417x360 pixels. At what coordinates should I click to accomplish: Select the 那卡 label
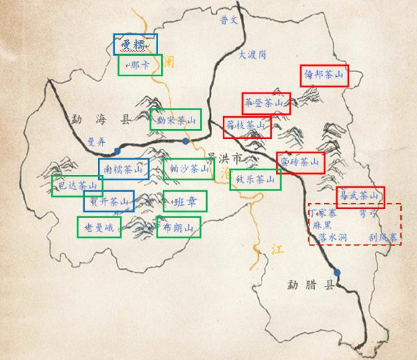click(x=140, y=65)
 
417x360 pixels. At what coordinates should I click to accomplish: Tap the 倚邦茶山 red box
click(x=324, y=76)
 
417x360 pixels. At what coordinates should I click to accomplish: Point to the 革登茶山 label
click(x=266, y=103)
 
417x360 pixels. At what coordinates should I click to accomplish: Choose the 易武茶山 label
click(x=360, y=196)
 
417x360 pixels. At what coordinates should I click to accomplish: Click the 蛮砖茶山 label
click(x=300, y=162)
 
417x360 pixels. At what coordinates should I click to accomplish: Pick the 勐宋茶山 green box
click(x=175, y=120)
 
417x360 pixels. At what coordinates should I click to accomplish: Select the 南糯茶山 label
click(x=123, y=170)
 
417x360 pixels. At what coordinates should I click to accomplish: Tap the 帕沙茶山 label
click(x=188, y=169)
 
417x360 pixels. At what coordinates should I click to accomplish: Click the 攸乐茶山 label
click(x=254, y=179)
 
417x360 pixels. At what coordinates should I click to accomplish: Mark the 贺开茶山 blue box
click(x=108, y=201)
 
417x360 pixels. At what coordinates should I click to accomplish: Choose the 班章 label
click(x=184, y=201)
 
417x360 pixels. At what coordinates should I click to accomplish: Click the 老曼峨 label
click(x=99, y=228)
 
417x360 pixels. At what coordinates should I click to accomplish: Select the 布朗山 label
click(x=178, y=228)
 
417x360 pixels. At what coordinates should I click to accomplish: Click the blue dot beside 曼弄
click(x=117, y=150)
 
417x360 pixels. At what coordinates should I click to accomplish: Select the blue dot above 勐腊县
click(x=338, y=272)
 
